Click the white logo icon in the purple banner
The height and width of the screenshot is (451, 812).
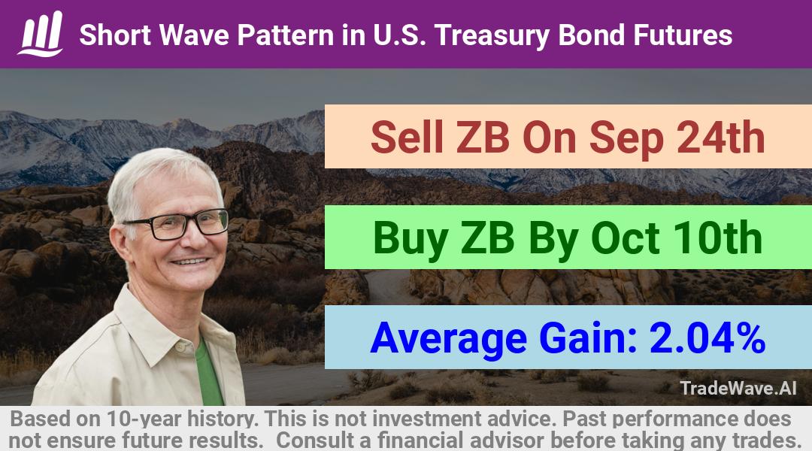(41, 34)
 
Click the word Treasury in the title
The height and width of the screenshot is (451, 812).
(492, 36)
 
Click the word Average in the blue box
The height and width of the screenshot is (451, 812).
(448, 339)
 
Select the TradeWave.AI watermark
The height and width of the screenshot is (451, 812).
(738, 388)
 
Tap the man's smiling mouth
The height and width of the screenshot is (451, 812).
(190, 262)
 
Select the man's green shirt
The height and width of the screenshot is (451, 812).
(209, 371)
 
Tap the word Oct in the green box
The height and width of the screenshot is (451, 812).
(626, 238)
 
